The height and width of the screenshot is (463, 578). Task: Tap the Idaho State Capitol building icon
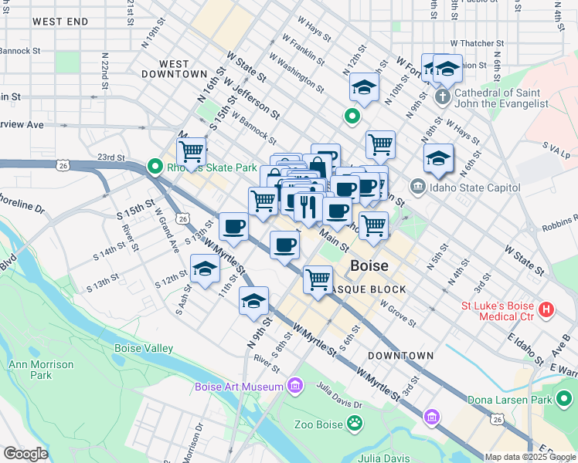tap(417, 186)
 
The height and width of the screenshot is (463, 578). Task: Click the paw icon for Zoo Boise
tap(354, 423)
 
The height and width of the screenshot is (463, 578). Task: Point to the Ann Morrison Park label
tap(40, 370)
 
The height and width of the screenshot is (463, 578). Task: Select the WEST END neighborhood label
tap(60, 22)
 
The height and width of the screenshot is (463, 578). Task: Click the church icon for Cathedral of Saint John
tap(442, 97)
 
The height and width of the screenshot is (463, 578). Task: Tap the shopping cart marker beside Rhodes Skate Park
tap(191, 150)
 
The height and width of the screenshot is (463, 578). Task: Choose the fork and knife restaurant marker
tap(308, 206)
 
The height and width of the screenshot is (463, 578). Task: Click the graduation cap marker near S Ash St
tap(205, 269)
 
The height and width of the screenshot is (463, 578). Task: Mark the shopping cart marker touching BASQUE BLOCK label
tap(318, 279)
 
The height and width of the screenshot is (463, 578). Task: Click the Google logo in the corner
tap(26, 454)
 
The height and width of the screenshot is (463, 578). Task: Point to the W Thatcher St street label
tap(477, 44)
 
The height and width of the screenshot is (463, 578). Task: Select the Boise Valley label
tap(144, 348)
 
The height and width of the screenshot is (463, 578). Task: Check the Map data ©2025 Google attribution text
tap(529, 457)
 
